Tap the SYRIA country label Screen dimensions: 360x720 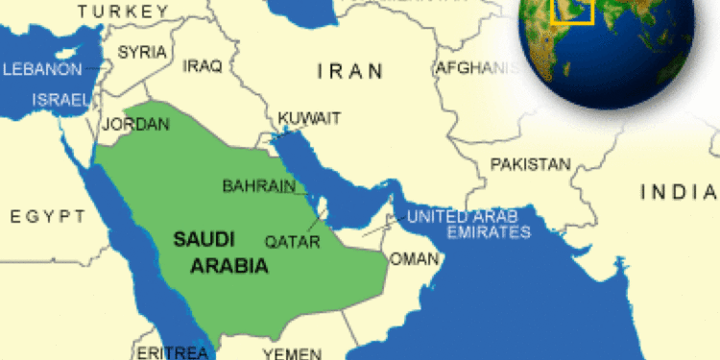[142, 51]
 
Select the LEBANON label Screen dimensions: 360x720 [43, 70]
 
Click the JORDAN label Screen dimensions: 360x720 [135, 124]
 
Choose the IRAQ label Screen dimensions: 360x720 [202, 66]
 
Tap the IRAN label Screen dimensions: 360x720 [350, 70]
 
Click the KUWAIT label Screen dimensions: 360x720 [309, 118]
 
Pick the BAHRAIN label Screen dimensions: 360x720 [258, 185]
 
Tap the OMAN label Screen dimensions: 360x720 [414, 259]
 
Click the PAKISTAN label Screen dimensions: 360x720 [530, 164]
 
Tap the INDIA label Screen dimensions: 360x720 [679, 192]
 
